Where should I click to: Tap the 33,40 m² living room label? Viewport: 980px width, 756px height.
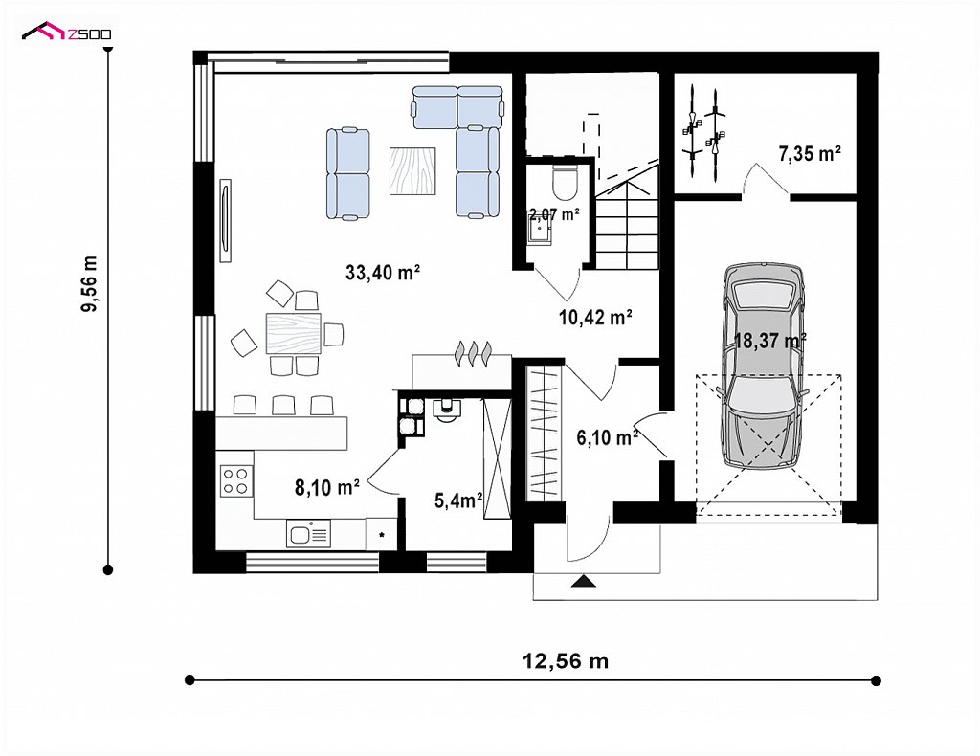pyautogui.click(x=383, y=273)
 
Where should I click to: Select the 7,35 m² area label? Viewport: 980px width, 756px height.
pyautogui.click(x=810, y=154)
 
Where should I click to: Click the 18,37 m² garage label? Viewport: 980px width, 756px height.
pyautogui.click(x=770, y=341)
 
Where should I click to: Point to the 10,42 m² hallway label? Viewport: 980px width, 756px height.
pyautogui.click(x=595, y=318)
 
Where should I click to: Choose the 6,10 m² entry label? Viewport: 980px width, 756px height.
pyautogui.click(x=607, y=438)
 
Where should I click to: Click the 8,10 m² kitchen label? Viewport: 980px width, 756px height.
pyautogui.click(x=327, y=487)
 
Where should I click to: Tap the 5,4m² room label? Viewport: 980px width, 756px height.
pyautogui.click(x=458, y=500)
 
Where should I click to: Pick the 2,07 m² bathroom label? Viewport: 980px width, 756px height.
pyautogui.click(x=554, y=215)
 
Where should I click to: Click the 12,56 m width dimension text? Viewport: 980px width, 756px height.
pyautogui.click(x=565, y=660)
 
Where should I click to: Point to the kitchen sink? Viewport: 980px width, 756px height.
pyautogui.click(x=309, y=534)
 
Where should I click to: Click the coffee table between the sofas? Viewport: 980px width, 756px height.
pyautogui.click(x=412, y=170)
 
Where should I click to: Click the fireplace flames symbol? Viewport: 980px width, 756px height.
pyautogui.click(x=473, y=352)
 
